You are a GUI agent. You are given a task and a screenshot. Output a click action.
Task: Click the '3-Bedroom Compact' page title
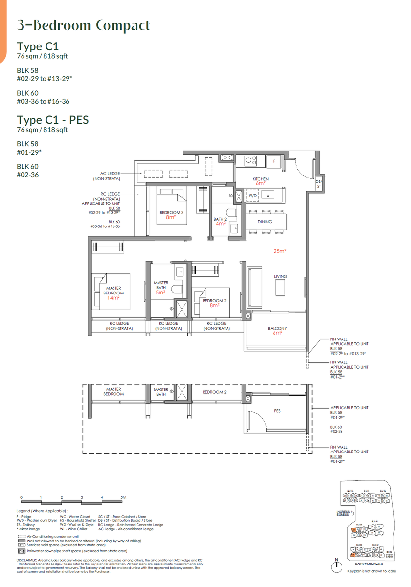[83, 25]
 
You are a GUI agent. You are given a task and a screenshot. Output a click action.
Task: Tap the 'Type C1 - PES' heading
[52, 120]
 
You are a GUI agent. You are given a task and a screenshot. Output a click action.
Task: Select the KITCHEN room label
[261, 179]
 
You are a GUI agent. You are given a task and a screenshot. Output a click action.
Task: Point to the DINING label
[265, 222]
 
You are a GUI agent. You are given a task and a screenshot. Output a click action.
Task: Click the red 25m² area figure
[280, 251]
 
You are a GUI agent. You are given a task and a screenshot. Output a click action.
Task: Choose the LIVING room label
[280, 277]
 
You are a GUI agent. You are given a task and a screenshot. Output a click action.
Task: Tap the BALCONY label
[277, 328]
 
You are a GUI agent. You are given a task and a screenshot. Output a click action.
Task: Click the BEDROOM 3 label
[171, 212]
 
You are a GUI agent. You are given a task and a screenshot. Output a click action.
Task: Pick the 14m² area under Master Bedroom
[114, 298]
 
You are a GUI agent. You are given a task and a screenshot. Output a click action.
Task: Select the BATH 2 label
[219, 219]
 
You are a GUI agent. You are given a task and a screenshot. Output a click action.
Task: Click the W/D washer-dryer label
[252, 195]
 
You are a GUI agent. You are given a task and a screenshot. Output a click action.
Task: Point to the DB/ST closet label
[319, 184]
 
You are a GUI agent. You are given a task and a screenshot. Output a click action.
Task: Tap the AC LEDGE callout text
[111, 173]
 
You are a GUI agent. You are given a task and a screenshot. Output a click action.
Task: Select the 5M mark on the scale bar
[123, 497]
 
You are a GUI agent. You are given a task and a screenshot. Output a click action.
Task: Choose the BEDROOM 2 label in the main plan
[214, 301]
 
